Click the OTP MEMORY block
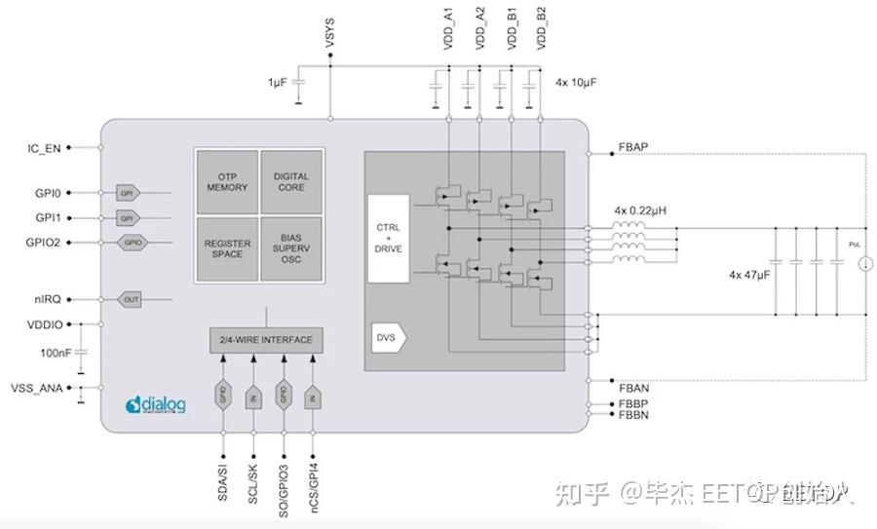[227, 182]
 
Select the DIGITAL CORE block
[291, 182]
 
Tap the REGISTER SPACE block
[227, 249]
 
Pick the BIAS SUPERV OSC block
[291, 249]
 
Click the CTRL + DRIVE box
[388, 238]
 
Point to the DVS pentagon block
[389, 337]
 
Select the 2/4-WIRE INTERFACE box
[266, 340]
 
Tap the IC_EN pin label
[44, 148]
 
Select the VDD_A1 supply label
[448, 29]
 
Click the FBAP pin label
[633, 148]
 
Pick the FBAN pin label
[633, 388]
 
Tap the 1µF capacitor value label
[278, 84]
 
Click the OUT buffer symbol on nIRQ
[132, 300]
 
